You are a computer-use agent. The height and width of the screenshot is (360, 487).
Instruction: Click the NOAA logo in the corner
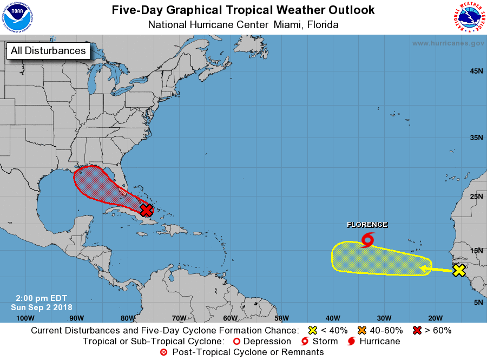[x=17, y=17]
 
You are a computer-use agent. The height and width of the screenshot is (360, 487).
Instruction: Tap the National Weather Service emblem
[x=469, y=17]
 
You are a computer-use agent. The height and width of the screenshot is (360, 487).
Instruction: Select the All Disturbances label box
[x=48, y=51]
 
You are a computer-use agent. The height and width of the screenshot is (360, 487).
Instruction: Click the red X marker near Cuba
[x=146, y=210]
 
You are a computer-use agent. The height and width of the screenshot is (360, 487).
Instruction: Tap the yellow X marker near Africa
[x=459, y=270]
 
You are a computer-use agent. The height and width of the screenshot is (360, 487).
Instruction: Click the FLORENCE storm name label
[x=367, y=225]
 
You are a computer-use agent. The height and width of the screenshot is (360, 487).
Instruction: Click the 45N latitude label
[x=476, y=71]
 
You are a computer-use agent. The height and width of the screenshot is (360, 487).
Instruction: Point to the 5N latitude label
[x=478, y=302]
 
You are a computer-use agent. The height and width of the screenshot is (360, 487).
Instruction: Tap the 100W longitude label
[x=25, y=318]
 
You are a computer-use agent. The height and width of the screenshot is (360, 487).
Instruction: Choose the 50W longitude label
[x=281, y=318]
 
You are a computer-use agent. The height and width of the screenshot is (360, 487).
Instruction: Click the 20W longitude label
[x=436, y=318]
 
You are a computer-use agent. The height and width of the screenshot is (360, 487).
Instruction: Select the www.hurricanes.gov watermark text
[x=448, y=43]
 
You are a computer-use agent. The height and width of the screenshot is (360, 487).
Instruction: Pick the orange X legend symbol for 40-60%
[x=361, y=330]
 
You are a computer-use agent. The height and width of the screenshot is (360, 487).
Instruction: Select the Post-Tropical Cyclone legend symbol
[x=163, y=352]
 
